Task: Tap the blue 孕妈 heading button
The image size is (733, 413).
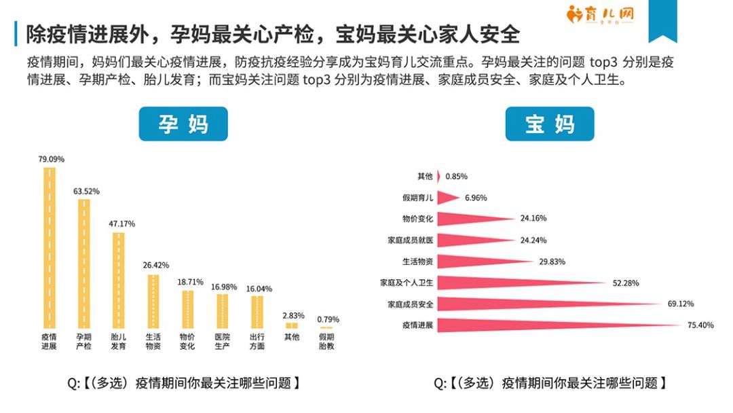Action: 183,124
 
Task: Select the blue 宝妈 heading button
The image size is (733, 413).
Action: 549,124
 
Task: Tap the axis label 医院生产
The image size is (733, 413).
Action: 222,342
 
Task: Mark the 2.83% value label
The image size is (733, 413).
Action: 293,316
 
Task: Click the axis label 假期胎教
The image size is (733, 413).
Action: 327,342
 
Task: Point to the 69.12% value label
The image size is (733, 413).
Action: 681,304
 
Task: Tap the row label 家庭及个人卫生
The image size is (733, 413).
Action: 407,282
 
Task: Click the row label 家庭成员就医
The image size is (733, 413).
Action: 410,240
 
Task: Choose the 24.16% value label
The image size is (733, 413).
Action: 533,219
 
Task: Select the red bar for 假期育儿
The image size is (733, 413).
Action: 447,198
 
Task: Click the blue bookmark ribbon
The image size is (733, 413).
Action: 662,20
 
